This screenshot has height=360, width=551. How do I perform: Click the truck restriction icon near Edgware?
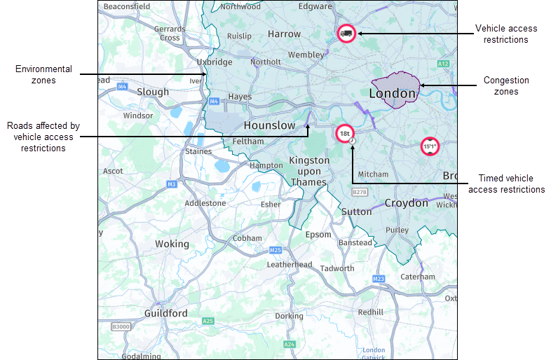click(346, 33)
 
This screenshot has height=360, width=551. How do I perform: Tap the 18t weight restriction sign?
click(343, 132)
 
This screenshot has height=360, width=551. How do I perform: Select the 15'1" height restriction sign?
click(430, 146)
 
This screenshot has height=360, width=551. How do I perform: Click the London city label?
click(393, 93)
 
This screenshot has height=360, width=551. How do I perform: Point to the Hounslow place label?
click(270, 125)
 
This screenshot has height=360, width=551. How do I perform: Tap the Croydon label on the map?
click(406, 203)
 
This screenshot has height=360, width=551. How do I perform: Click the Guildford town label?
click(165, 313)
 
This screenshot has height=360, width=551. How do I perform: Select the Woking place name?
click(172, 244)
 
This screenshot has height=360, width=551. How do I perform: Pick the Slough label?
click(153, 92)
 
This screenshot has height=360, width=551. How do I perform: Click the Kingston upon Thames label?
click(309, 171)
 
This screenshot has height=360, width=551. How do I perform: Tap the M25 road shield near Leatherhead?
click(275, 250)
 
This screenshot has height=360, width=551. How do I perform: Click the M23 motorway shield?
click(379, 279)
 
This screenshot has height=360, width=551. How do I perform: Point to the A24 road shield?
click(290, 345)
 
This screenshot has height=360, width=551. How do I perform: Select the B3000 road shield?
click(121, 326)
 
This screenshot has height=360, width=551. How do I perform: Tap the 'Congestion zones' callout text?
click(506, 85)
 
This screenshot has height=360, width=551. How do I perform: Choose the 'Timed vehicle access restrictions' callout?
click(506, 184)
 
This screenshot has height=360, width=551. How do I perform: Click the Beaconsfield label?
click(126, 6)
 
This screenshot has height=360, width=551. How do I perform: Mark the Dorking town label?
click(289, 316)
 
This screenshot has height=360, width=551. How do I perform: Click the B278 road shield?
click(360, 191)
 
